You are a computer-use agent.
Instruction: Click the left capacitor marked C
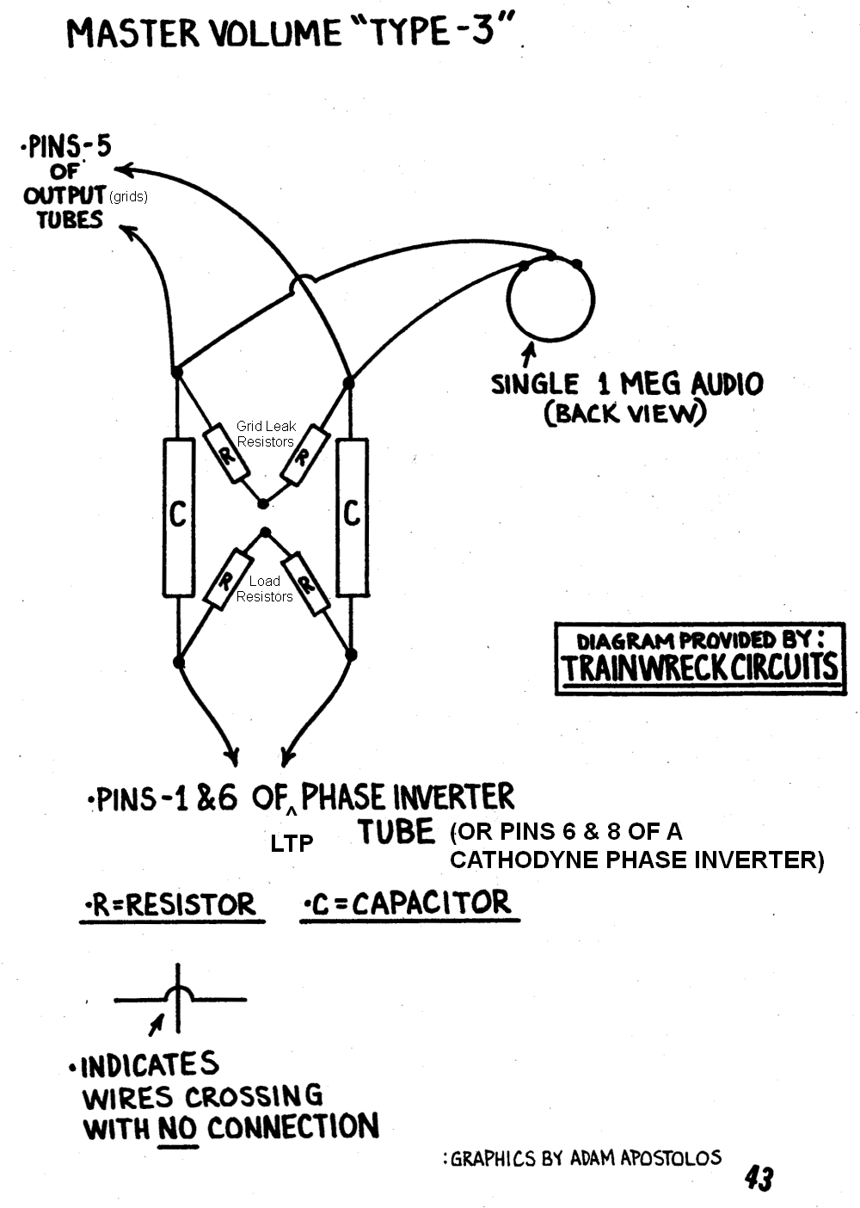[x=178, y=516]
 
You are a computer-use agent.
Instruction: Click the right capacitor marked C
[x=352, y=516]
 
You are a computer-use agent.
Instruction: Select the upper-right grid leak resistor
[x=303, y=455]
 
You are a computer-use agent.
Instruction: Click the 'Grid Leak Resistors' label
[x=266, y=434]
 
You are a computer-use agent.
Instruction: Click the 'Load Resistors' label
[x=265, y=589]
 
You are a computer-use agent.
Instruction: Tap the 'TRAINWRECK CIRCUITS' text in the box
[x=699, y=668]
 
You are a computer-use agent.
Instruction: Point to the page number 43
[x=759, y=1178]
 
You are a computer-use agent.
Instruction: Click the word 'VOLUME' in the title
[x=260, y=34]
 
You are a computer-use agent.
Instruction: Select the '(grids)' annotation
[x=128, y=197]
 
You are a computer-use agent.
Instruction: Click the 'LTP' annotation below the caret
[x=292, y=843]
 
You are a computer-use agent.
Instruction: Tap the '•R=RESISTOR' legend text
[x=171, y=905]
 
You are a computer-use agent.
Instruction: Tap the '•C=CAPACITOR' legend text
[x=408, y=903]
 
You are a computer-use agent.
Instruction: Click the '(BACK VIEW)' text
[x=625, y=413]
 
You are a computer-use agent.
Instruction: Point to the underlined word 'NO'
[x=178, y=1127]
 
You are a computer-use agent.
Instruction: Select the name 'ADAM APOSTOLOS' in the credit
[x=645, y=1158]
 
